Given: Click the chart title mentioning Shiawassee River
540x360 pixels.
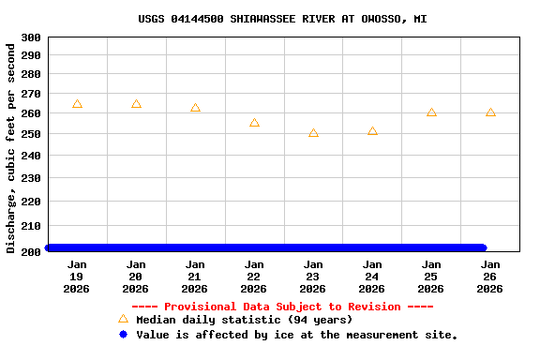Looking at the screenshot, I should (x=282, y=19).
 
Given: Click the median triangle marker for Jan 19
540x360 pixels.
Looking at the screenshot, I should (x=77, y=104).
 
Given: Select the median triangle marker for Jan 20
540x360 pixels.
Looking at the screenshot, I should (x=136, y=104).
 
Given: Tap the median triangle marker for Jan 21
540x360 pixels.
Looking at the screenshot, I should (x=195, y=108).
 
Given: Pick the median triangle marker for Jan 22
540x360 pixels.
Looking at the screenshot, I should (x=254, y=123).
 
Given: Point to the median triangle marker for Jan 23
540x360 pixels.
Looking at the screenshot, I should (x=313, y=133).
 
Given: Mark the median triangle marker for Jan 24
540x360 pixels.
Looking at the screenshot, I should (x=372, y=131).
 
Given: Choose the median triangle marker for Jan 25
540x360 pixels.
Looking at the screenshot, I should (x=431, y=112).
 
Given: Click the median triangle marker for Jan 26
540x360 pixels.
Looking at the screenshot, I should (x=490, y=112).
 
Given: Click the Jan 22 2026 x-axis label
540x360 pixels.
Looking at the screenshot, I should (x=254, y=277).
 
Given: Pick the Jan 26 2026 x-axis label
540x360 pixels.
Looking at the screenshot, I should (x=490, y=277).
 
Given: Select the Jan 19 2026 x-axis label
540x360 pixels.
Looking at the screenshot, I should (x=77, y=277).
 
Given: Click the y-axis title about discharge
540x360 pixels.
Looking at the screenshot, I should (x=11, y=147).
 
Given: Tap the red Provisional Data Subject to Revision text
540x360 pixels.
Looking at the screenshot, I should (x=282, y=307).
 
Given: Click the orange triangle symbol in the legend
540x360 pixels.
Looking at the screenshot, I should (x=123, y=319).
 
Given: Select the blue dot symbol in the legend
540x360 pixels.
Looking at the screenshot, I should (x=123, y=335).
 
